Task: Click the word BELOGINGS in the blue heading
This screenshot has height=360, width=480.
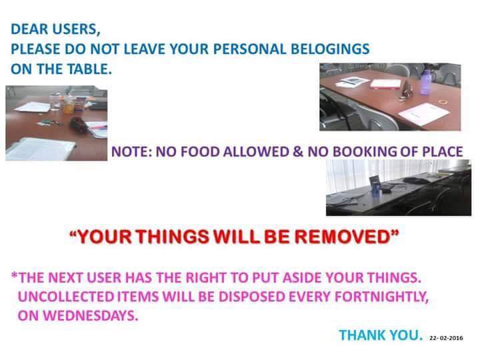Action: pyautogui.click(x=330, y=49)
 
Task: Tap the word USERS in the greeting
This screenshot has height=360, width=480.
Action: pyautogui.click(x=75, y=29)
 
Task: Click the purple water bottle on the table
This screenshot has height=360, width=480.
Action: pyautogui.click(x=426, y=81)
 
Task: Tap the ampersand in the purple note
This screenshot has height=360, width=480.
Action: pyautogui.click(x=298, y=151)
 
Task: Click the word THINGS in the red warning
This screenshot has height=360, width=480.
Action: pyautogui.click(x=173, y=237)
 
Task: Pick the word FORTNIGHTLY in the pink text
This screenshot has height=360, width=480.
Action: pyautogui.click(x=381, y=297)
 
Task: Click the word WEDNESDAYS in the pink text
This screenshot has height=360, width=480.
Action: pyautogui.click(x=78, y=315)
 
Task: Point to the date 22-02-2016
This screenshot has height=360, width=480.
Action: pyautogui.click(x=446, y=338)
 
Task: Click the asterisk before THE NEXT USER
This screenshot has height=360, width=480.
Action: pyautogui.click(x=14, y=275)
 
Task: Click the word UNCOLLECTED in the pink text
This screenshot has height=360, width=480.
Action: pyautogui.click(x=66, y=297)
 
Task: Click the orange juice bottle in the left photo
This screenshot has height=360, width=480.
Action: pyautogui.click(x=69, y=105)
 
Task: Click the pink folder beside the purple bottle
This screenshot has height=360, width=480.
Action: pyautogui.click(x=385, y=83)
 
